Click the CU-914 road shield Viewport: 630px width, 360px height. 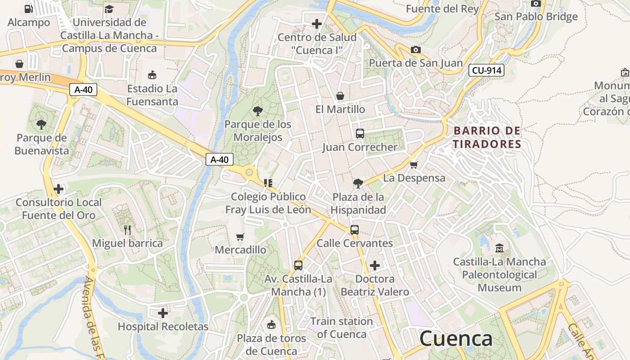point(486,70)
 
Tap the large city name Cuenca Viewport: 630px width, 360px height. point(456,339)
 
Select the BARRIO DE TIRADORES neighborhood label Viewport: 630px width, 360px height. point(487,137)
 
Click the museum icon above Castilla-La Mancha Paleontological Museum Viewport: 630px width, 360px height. point(499,248)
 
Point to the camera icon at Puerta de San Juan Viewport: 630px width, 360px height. point(416,49)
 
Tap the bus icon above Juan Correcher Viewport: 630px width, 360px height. point(360,134)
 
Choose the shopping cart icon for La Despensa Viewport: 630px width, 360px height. point(414,165)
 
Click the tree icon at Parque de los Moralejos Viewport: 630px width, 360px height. point(258,111)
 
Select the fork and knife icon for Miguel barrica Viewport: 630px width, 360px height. point(127,230)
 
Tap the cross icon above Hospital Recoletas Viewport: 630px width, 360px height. point(163,313)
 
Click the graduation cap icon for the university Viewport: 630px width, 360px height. point(109,9)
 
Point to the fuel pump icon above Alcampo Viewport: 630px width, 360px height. point(28,9)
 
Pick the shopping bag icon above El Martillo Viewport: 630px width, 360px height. point(340,96)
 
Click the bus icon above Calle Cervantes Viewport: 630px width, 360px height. point(355,230)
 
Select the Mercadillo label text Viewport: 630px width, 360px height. point(240,250)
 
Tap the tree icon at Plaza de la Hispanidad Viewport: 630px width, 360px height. point(358,183)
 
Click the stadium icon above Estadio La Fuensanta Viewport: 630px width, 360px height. point(152,75)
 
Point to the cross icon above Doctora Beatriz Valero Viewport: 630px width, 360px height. point(374,265)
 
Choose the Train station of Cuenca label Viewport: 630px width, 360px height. point(342,328)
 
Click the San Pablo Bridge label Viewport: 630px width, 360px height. point(536,17)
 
